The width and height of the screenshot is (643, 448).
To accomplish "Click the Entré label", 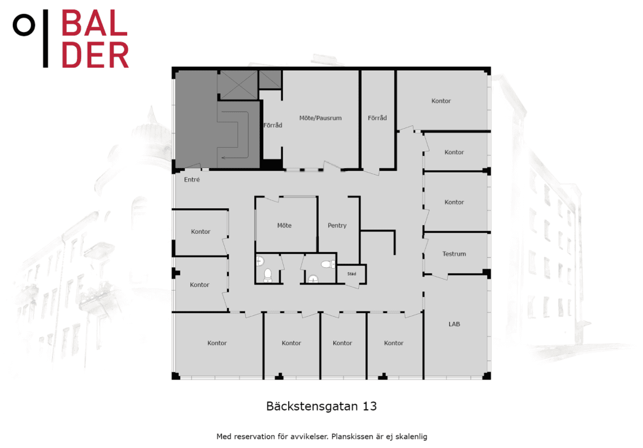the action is [192, 179].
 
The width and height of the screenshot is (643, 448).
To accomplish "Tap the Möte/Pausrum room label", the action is [320, 118].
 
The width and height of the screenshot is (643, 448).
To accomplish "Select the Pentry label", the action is [337, 226].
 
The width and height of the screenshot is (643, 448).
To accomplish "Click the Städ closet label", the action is [352, 274].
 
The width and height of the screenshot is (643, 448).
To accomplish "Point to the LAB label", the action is [454, 324].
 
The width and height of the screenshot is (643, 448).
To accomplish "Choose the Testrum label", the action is [454, 254].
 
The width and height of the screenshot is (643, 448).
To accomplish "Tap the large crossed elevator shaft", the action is [237, 85].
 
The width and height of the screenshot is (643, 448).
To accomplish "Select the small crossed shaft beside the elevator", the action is [270, 79].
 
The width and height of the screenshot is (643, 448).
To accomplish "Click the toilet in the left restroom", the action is [268, 275].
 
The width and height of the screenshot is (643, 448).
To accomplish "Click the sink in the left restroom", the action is [260, 261].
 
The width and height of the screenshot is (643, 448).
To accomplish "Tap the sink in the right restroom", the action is [313, 279].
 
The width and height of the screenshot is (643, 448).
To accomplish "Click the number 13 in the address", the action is [369, 406].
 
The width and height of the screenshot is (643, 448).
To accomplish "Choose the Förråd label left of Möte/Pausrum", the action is [273, 125].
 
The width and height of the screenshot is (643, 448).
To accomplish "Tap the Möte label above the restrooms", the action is [284, 226].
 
